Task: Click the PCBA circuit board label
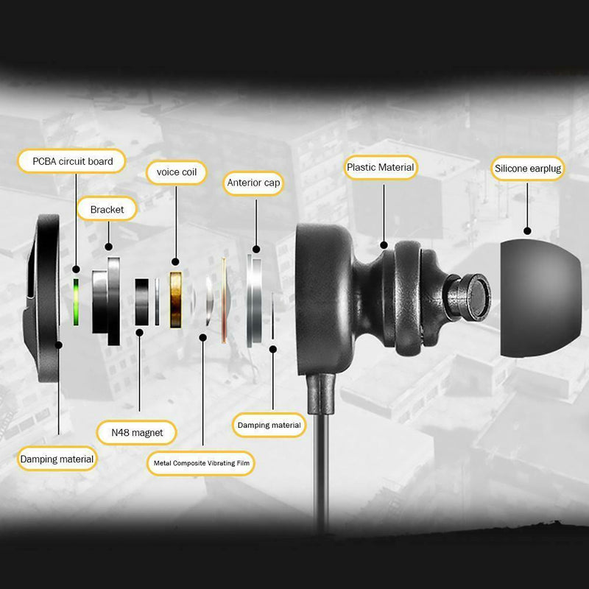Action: coord(71,161)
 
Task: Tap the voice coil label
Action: coord(176,172)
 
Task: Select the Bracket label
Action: coord(107,209)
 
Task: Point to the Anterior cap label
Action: coord(253,183)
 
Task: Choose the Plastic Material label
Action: coord(381,168)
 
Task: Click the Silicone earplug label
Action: coord(528,169)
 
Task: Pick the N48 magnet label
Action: coord(137,433)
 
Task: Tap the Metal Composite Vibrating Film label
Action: coord(201,463)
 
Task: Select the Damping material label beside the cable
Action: coord(269,426)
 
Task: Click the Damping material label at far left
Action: coord(57,459)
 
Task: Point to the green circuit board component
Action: coord(76,302)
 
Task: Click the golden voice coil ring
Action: coord(176,300)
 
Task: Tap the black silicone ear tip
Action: coord(540,298)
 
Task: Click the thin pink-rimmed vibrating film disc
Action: coord(224,300)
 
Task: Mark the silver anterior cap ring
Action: coord(254,300)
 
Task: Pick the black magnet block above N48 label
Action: coord(141,302)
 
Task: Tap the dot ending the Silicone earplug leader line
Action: coord(527,231)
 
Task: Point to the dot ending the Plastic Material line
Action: coord(384,245)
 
